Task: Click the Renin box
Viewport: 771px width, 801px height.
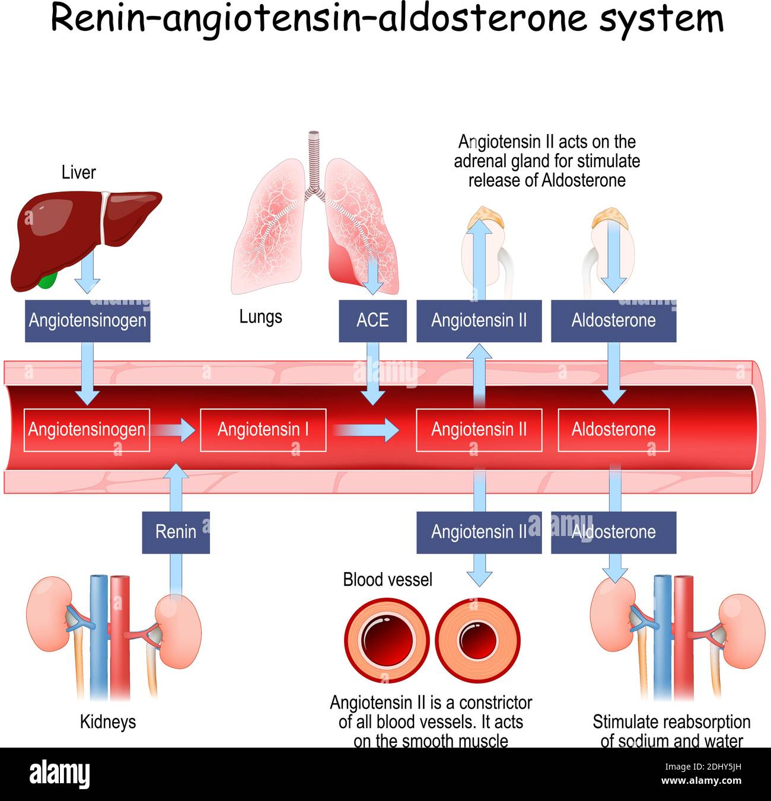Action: (x=176, y=532)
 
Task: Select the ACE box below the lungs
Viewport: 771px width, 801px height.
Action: (x=372, y=321)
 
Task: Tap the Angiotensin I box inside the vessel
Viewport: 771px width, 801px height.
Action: (x=263, y=430)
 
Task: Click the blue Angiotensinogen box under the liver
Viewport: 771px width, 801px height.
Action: (x=87, y=321)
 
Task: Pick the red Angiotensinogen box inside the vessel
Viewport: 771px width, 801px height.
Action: (x=87, y=430)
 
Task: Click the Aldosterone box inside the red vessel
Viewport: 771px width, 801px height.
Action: (x=613, y=430)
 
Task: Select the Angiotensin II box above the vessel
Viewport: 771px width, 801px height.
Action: (x=479, y=321)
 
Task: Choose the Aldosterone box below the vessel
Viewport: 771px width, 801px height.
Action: (x=613, y=532)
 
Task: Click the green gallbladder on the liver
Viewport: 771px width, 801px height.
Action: (x=47, y=280)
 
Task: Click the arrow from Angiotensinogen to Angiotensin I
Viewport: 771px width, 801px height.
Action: (x=173, y=430)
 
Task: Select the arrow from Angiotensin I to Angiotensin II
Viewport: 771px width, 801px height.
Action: (x=368, y=430)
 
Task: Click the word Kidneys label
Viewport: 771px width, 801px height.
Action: (x=107, y=722)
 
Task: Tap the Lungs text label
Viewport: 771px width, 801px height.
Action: (x=260, y=317)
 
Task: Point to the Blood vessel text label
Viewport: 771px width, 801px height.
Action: (x=387, y=579)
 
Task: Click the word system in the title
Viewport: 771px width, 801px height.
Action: (x=661, y=19)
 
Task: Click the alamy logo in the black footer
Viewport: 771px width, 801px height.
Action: (x=59, y=774)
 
